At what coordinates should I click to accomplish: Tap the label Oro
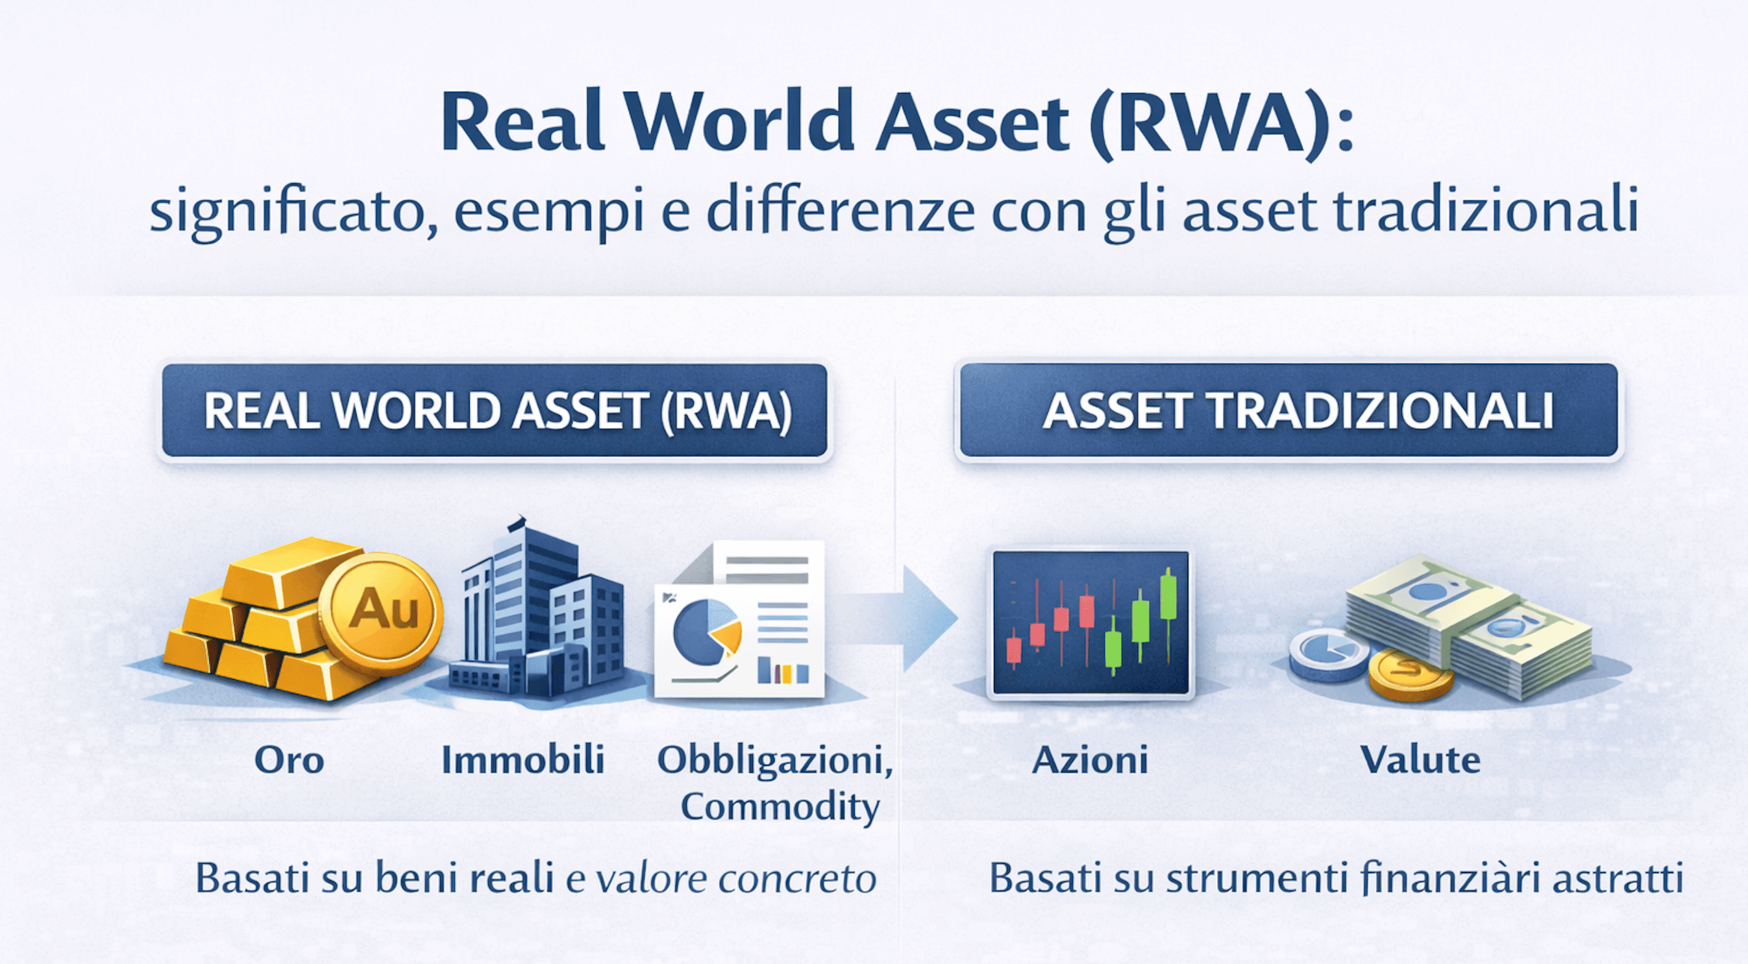[x=289, y=760]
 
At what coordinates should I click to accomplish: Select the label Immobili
[x=523, y=760]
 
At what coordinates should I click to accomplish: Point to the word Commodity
[x=780, y=806]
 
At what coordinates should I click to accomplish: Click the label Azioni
[x=1090, y=760]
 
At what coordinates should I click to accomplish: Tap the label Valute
[x=1420, y=760]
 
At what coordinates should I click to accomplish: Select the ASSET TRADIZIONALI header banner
[x=1288, y=410]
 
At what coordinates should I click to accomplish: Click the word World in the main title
[x=740, y=122]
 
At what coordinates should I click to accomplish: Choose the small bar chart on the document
[x=783, y=671]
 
